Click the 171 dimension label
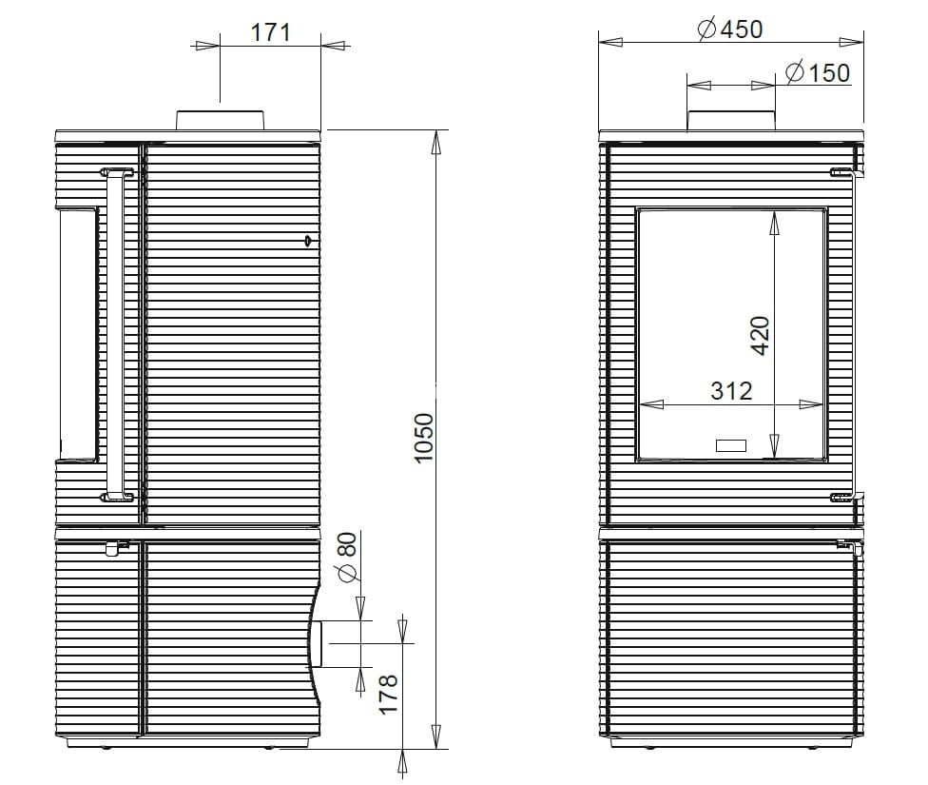pos(270,32)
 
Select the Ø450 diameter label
pos(730,29)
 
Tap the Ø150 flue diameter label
pos(818,72)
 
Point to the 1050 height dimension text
pos(424,438)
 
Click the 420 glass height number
pos(761,336)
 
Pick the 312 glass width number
pos(731,391)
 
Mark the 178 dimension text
pos(388,695)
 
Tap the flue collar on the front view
pos(731,120)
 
